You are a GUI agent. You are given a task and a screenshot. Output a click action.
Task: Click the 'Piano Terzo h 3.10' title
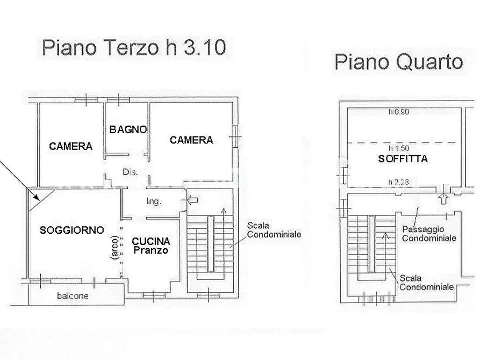tap(133, 48)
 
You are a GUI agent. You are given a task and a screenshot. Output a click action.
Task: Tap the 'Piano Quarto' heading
tap(398, 62)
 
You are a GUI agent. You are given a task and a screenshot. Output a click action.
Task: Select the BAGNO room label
tap(128, 129)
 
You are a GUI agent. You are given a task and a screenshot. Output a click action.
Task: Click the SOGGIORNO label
tap(71, 230)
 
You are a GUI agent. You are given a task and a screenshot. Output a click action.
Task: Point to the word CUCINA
tap(151, 241)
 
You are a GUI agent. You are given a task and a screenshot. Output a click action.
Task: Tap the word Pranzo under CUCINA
tap(151, 250)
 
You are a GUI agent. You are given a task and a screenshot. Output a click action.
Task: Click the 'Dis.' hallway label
tap(130, 172)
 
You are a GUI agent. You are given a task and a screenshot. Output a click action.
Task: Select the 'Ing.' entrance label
tap(154, 201)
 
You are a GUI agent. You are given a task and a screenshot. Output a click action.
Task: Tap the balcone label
tap(73, 296)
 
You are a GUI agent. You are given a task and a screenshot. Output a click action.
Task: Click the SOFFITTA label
tap(403, 159)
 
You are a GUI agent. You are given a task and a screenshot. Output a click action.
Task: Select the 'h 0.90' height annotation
tap(398, 112)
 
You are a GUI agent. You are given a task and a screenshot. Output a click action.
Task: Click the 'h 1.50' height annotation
tap(398, 148)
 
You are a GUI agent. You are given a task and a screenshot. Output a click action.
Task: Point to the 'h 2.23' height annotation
tap(398, 182)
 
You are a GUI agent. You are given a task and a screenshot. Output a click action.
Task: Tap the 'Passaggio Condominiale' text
tap(429, 233)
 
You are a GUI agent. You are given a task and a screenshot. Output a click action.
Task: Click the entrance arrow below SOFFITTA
tap(442, 198)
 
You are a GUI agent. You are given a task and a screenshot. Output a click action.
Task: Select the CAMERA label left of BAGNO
tap(70, 146)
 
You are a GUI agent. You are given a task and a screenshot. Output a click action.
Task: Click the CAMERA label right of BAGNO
tap(191, 140)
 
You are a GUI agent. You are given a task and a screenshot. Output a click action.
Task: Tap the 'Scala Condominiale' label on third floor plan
tap(274, 230)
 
